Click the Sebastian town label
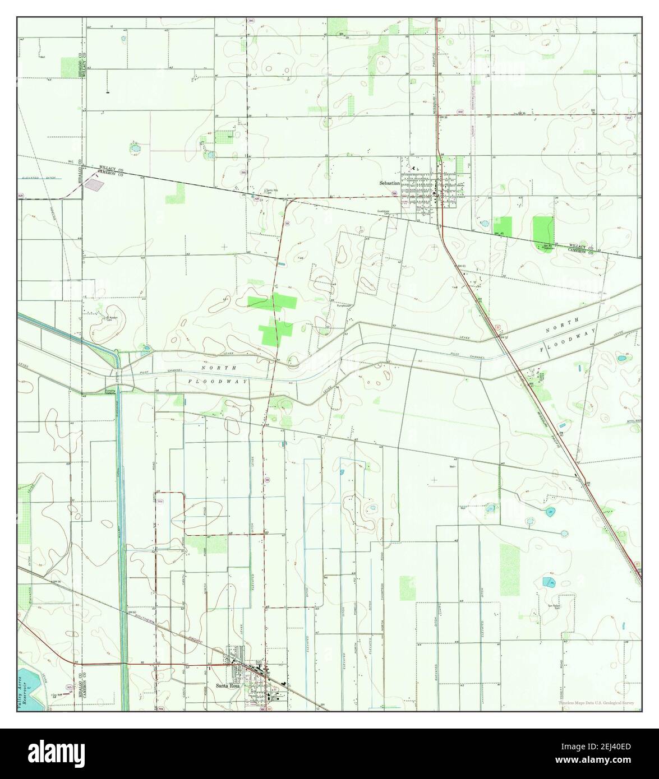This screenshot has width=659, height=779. coord(389,183)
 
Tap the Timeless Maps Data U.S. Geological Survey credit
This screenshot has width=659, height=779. coord(596,703)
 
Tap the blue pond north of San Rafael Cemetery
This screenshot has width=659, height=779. coord(547,582)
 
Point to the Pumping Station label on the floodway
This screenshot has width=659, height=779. coord(110,391)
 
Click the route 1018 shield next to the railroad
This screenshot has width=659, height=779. coord(460,112)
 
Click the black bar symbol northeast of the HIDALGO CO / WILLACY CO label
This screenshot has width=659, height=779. coord(107,91)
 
